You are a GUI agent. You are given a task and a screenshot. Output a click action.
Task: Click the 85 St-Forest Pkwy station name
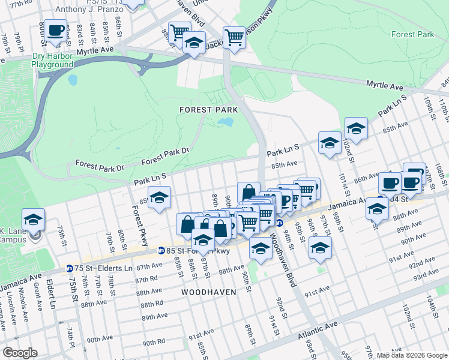(x=198, y=251)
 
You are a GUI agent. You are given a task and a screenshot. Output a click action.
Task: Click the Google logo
(x=20, y=353)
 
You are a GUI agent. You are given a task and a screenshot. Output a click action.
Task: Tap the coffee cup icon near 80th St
(x=56, y=30)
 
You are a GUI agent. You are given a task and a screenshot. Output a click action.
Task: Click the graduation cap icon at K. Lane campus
(x=34, y=219)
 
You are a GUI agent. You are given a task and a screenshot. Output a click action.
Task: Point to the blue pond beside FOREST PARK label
(x=225, y=122)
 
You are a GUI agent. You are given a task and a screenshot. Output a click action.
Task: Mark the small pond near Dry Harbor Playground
(x=73, y=79)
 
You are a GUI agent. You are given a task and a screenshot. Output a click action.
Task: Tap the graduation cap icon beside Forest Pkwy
(x=159, y=197)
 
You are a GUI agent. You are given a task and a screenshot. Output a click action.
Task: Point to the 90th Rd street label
(x=154, y=343)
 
